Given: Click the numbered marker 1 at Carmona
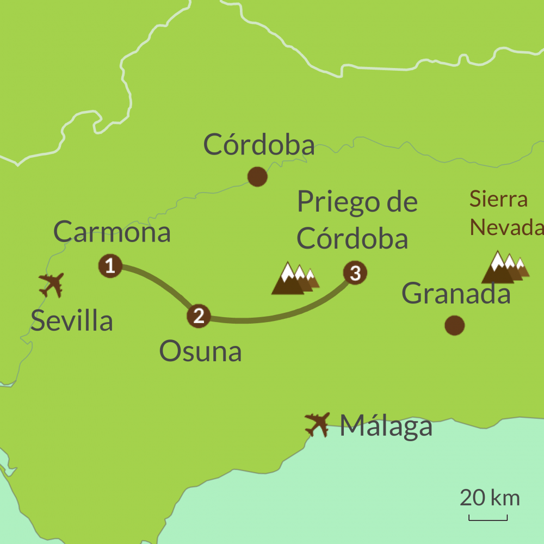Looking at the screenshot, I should pyautogui.click(x=110, y=267).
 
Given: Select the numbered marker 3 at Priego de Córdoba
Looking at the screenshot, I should pyautogui.click(x=355, y=273).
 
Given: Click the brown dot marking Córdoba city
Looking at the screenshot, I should pyautogui.click(x=257, y=177).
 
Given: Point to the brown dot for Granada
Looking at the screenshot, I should pyautogui.click(x=455, y=325).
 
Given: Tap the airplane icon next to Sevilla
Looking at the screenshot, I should pyautogui.click(x=52, y=285).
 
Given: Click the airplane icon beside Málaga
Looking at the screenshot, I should pyautogui.click(x=318, y=424).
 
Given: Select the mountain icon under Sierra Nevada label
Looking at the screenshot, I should pyautogui.click(x=505, y=268).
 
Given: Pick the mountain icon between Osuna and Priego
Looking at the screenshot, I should pyautogui.click(x=294, y=279).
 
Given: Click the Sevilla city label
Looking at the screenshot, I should pyautogui.click(x=72, y=321).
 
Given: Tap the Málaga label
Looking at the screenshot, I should pyautogui.click(x=386, y=426).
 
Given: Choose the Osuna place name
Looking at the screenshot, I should pyautogui.click(x=200, y=352).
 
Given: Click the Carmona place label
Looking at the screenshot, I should pyautogui.click(x=112, y=232).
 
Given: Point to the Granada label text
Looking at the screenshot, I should pyautogui.click(x=456, y=294).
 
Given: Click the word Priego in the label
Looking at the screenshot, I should pyautogui.click(x=333, y=202).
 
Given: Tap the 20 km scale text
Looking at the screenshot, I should pyautogui.click(x=490, y=498).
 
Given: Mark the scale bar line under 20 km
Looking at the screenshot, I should pyautogui.click(x=488, y=519).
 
